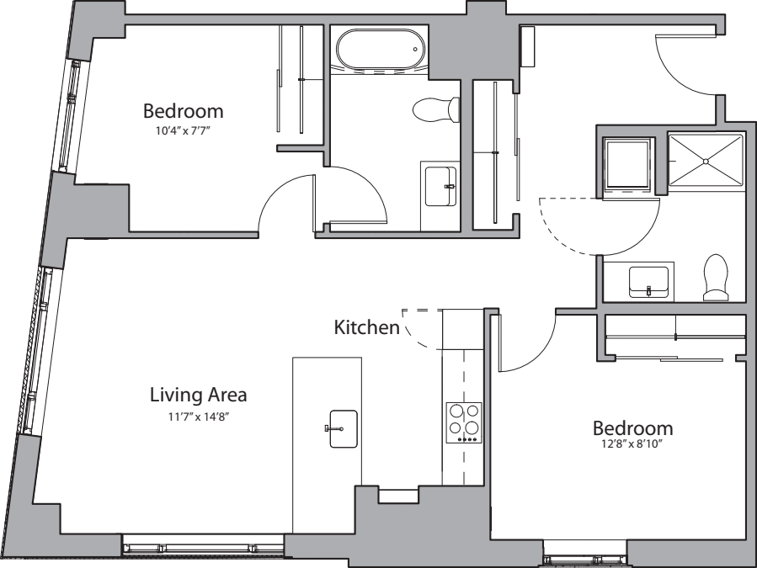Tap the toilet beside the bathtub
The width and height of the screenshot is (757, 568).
pyautogui.click(x=437, y=109)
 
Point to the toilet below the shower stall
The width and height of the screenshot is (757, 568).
pyautogui.click(x=717, y=278)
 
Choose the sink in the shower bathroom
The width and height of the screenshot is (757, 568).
pyautogui.click(x=649, y=280)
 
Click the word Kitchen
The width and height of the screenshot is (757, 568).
pyautogui.click(x=366, y=326)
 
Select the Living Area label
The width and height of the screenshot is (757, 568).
pyautogui.click(x=198, y=394)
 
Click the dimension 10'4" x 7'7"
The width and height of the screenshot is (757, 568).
pyautogui.click(x=183, y=130)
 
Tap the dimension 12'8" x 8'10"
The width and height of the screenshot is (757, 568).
pyautogui.click(x=632, y=446)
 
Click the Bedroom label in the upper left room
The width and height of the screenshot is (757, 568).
pyautogui.click(x=183, y=110)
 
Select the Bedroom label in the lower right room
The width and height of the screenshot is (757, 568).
pyautogui.click(x=632, y=427)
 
